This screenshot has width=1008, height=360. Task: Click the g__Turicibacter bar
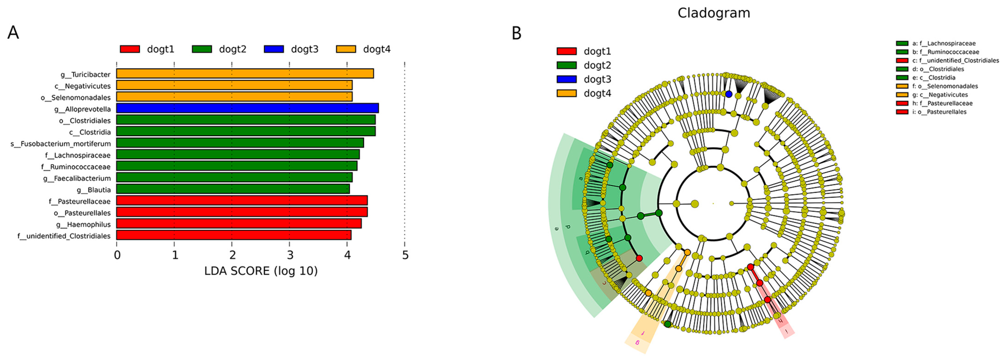click(245, 73)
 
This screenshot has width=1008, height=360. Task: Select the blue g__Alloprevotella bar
click(247, 108)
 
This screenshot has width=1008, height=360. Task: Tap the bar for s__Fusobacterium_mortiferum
click(240, 143)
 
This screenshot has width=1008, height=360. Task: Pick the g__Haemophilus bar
click(239, 224)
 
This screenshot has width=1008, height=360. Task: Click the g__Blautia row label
click(94, 190)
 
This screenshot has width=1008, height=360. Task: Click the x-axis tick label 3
click(290, 255)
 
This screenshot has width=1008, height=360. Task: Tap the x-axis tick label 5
click(405, 255)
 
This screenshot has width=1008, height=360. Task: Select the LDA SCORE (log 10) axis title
click(261, 271)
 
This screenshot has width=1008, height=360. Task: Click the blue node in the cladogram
click(729, 94)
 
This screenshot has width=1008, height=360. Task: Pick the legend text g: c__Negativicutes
click(940, 95)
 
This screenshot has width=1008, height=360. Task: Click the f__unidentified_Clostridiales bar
click(234, 235)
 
